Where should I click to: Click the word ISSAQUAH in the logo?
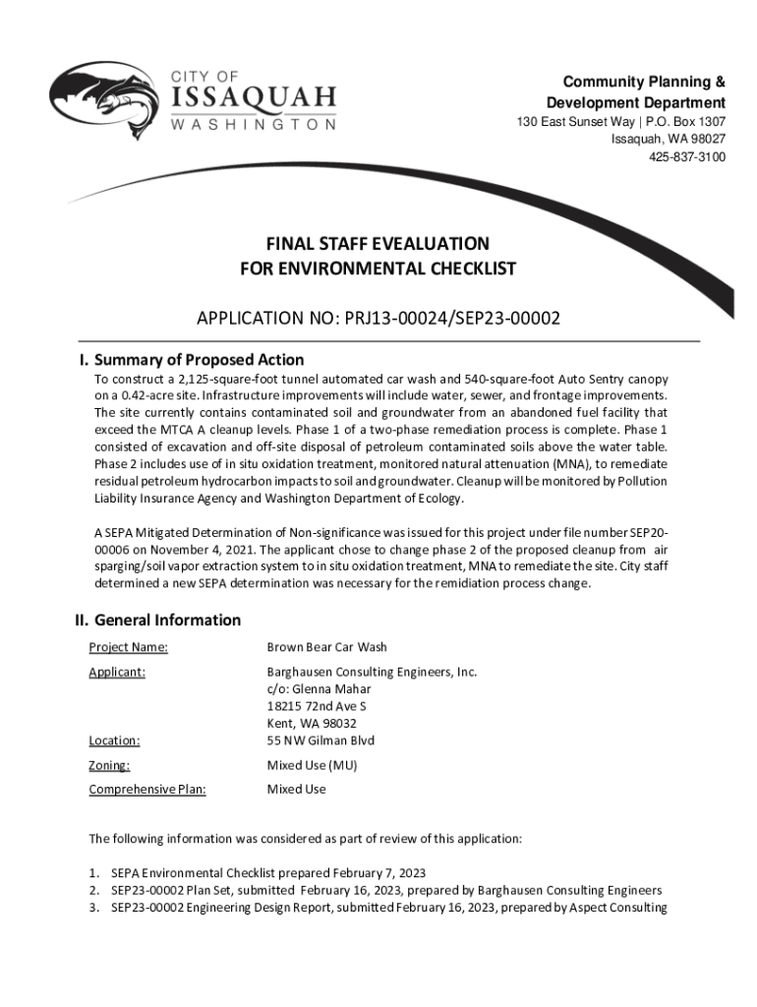(x=254, y=98)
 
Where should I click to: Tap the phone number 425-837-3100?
(x=686, y=157)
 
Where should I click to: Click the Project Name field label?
(x=128, y=647)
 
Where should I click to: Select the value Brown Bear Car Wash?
(x=327, y=647)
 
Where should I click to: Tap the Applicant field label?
(x=117, y=672)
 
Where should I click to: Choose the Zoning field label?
(x=109, y=765)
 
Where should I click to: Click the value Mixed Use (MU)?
(x=312, y=765)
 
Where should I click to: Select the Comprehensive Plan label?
(x=147, y=790)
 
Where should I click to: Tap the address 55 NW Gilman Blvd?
(x=320, y=740)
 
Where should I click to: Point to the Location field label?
(x=114, y=740)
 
